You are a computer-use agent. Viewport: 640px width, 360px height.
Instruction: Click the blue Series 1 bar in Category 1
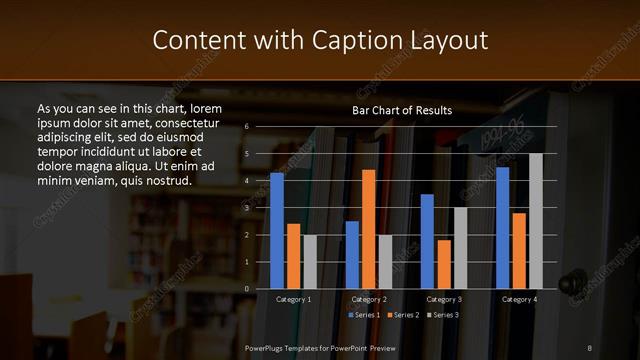[x=277, y=231]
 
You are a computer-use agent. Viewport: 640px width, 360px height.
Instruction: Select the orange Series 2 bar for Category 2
[x=368, y=229]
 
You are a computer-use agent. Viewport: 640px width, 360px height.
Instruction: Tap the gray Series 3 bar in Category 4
[x=536, y=221]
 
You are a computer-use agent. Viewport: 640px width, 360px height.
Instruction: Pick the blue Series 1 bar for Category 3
[x=427, y=241]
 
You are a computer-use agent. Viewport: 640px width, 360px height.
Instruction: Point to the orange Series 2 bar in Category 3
[x=443, y=264]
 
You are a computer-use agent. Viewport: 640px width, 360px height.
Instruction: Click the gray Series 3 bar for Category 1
[x=310, y=262]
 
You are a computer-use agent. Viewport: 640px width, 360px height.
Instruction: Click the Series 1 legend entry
[x=363, y=316]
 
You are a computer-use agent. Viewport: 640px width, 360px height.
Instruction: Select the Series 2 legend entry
[x=402, y=316]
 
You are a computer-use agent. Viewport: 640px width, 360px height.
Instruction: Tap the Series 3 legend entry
[x=442, y=316]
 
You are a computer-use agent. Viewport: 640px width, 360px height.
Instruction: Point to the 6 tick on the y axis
[x=246, y=127]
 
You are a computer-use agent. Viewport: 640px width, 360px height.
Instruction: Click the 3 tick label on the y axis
[x=246, y=208]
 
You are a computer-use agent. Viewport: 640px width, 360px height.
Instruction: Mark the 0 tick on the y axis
[x=246, y=289]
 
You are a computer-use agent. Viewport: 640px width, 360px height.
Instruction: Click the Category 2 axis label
[x=369, y=300]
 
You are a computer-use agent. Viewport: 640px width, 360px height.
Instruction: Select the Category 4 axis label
[x=519, y=300]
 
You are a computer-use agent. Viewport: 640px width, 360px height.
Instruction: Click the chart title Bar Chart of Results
[x=402, y=110]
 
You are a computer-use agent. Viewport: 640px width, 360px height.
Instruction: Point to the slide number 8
[x=590, y=346]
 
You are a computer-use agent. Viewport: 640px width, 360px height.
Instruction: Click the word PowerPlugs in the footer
[x=267, y=346]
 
